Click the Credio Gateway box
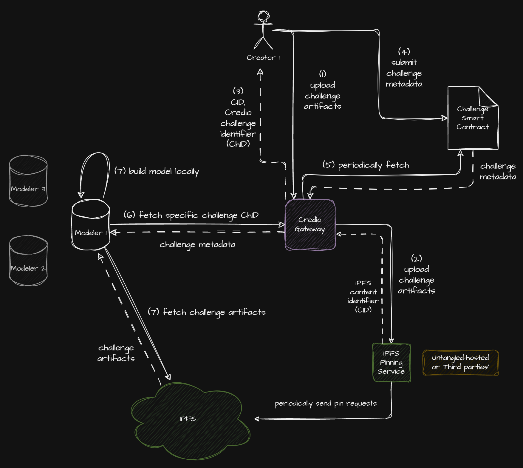pyautogui.click(x=310, y=225)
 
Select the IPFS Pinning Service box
pyautogui.click(x=392, y=363)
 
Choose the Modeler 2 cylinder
pyautogui.click(x=28, y=261)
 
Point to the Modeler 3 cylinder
pyautogui.click(x=28, y=181)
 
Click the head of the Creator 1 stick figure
pyautogui.click(x=264, y=17)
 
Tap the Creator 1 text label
pyautogui.click(x=263, y=58)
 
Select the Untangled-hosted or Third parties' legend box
pyautogui.click(x=460, y=362)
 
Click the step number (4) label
pyautogui.click(x=404, y=52)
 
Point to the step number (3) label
pyautogui.click(x=238, y=91)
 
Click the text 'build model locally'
pyautogui.click(x=164, y=171)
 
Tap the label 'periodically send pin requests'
pyautogui.click(x=326, y=404)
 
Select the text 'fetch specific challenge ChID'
pyautogui.click(x=199, y=215)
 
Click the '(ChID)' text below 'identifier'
pyautogui.click(x=238, y=144)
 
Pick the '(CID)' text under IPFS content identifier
pyautogui.click(x=363, y=310)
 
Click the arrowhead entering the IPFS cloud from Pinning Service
pyautogui.click(x=256, y=419)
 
